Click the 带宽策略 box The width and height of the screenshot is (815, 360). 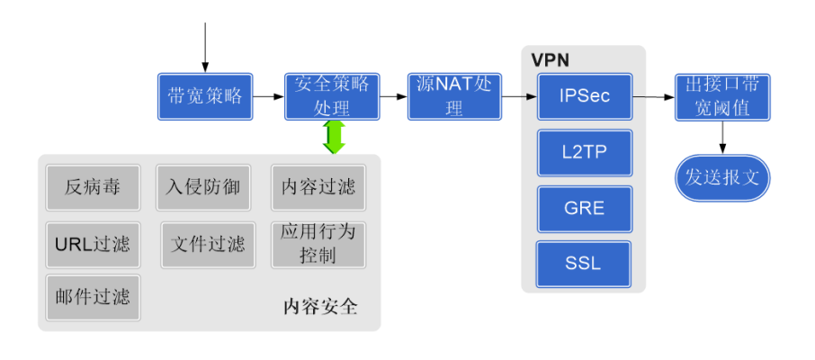pos(205,96)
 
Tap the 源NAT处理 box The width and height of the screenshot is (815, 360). pos(454,96)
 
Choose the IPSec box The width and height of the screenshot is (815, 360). pos(585,96)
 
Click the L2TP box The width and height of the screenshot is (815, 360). pos(585,153)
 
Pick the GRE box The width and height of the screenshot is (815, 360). pos(585,209)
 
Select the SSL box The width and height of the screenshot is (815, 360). pos(585,264)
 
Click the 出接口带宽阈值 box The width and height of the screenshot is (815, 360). pos(722,96)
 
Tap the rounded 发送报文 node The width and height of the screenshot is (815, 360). pos(722,177)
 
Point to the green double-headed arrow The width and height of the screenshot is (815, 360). pos(334,137)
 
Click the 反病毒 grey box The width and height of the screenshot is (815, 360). pos(93,187)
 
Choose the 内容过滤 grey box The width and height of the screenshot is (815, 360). pos(318,187)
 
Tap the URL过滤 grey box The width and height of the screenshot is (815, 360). pos(93,244)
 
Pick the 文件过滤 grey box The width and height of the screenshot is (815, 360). pos(208,244)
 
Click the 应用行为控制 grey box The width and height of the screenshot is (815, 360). pos(318,244)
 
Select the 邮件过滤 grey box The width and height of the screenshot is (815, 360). pos(93,298)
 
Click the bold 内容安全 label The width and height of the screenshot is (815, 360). pos(320,307)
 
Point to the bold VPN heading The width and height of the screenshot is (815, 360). pos(550,60)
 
